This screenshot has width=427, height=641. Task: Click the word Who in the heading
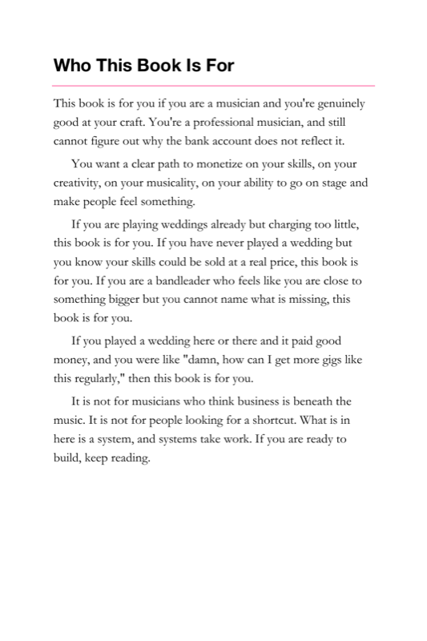pos(70,66)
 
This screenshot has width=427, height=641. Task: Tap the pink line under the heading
pos(213,85)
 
